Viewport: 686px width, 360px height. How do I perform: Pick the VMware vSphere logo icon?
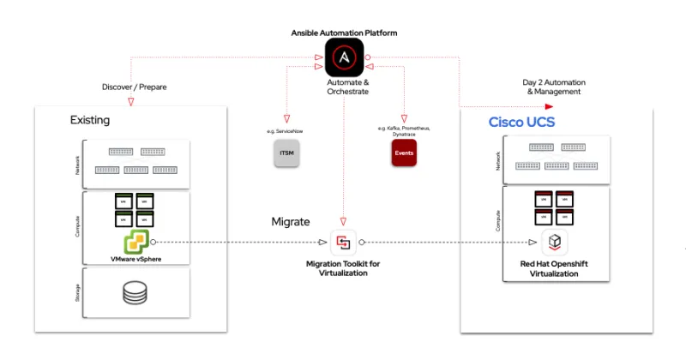135,241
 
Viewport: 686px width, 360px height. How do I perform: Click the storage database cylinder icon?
135,293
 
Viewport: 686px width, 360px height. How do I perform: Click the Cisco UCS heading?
521,122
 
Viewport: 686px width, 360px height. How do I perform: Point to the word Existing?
90,120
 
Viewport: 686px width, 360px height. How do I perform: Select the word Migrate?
291,222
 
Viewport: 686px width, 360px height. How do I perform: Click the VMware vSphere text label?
135,259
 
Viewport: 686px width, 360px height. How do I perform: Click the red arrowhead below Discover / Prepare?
130,101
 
